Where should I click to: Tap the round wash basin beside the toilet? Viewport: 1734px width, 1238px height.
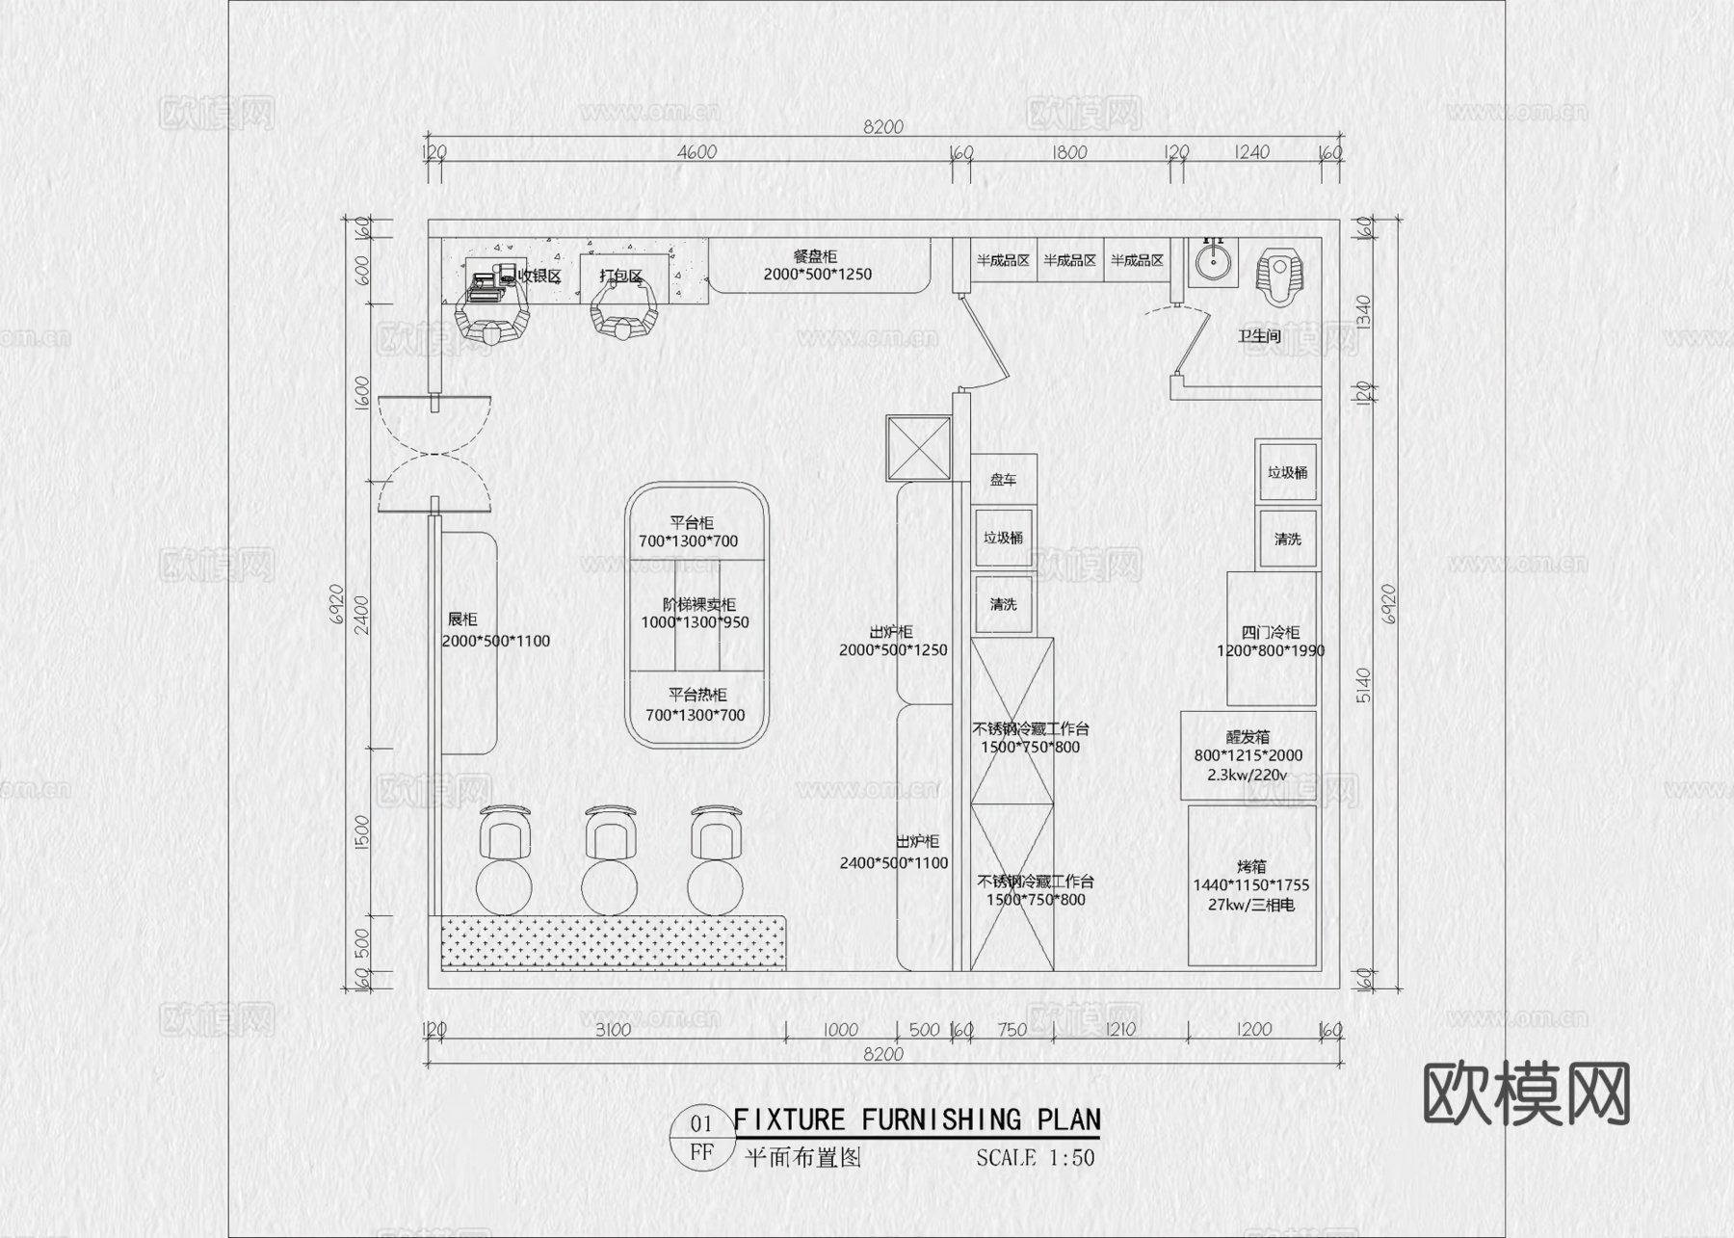tap(1212, 262)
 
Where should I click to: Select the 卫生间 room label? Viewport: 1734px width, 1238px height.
tap(1259, 336)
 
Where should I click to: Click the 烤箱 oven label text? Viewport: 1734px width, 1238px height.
tap(1251, 866)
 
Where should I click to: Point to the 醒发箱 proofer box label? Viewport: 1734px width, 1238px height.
tap(1248, 737)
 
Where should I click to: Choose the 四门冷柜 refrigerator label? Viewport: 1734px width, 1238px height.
tap(1270, 633)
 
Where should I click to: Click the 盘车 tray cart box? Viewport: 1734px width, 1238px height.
tap(1003, 479)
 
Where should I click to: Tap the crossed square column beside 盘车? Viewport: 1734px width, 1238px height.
tap(918, 448)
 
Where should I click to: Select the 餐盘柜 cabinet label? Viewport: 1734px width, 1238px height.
tap(815, 256)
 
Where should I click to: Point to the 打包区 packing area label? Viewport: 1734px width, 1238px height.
tap(620, 276)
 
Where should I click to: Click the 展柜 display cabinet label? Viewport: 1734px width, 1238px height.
tap(462, 619)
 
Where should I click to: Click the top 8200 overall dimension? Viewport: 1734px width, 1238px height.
tap(882, 127)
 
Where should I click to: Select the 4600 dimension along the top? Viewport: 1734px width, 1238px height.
tap(696, 152)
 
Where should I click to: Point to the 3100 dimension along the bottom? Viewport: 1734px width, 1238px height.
tap(613, 1030)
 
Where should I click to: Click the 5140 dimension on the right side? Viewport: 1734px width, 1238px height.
tap(1363, 684)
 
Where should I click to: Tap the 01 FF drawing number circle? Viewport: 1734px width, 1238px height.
tap(701, 1137)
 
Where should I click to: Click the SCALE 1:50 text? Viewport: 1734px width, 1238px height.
tap(1035, 1158)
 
